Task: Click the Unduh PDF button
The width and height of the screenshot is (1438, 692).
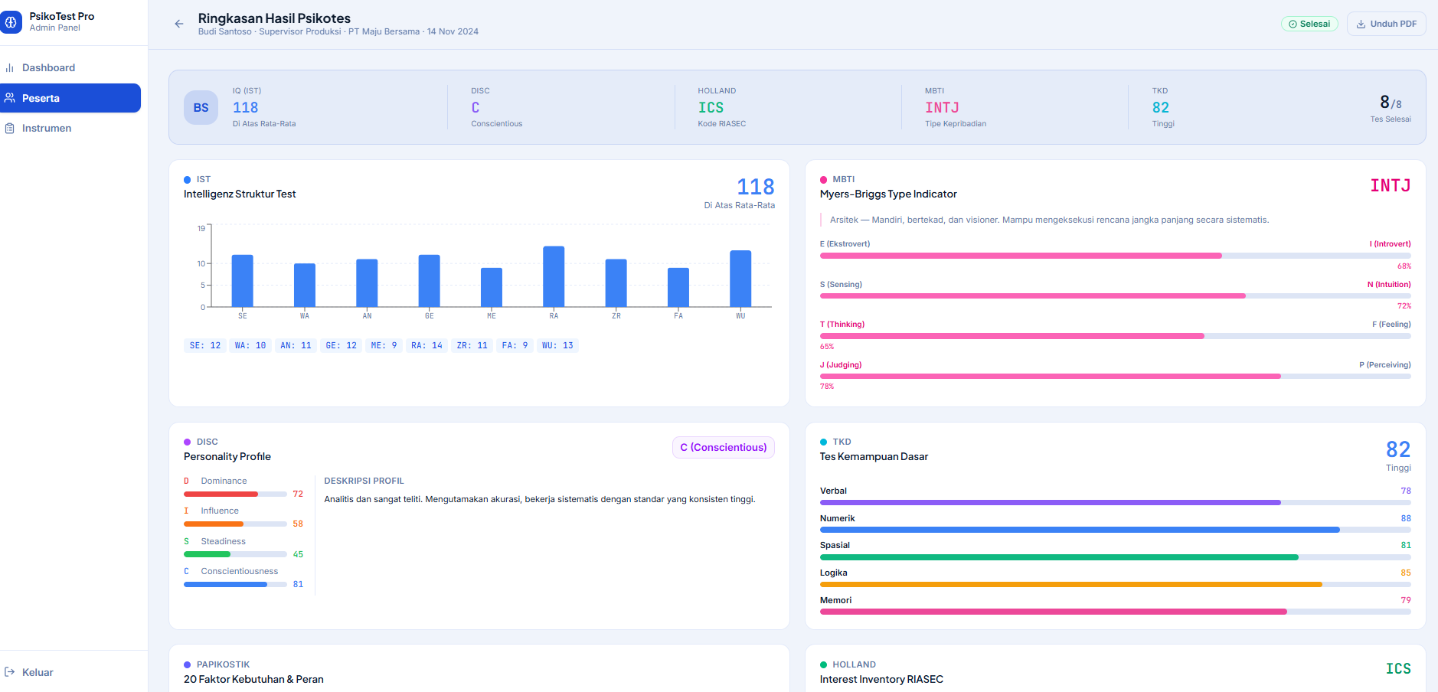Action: click(1386, 24)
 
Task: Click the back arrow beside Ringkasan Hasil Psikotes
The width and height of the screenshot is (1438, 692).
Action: click(179, 24)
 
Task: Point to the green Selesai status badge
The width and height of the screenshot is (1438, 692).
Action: click(1309, 24)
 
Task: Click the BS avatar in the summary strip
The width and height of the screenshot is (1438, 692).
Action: click(201, 107)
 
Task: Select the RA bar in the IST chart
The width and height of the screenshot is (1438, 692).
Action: click(554, 276)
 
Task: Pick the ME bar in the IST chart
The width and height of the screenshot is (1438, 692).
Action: click(492, 287)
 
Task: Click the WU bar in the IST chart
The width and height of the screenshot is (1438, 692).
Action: click(740, 279)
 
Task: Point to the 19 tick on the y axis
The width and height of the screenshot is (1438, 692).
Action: click(201, 228)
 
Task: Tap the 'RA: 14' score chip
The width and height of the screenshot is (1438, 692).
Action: click(426, 345)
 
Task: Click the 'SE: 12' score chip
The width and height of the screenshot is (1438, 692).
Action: click(205, 345)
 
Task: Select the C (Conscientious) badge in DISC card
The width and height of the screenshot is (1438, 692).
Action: click(724, 447)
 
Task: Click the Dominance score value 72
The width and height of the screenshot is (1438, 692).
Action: click(298, 494)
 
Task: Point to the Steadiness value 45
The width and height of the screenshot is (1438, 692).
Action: click(298, 554)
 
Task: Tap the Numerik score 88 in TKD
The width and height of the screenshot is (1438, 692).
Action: click(1406, 518)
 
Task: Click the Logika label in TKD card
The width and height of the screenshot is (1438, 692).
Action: click(833, 573)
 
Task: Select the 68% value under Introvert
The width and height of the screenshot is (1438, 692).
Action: click(1404, 266)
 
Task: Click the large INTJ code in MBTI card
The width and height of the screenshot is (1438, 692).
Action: click(1391, 185)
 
